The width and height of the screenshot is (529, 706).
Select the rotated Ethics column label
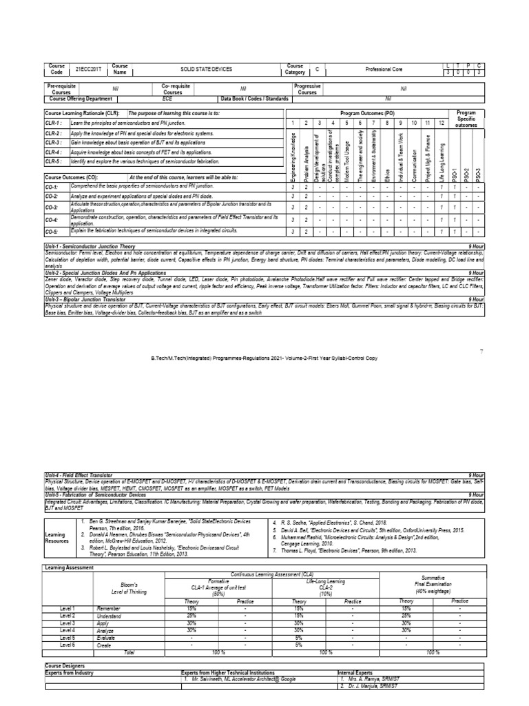(388, 170)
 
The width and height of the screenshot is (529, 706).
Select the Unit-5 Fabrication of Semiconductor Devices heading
(94, 494)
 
